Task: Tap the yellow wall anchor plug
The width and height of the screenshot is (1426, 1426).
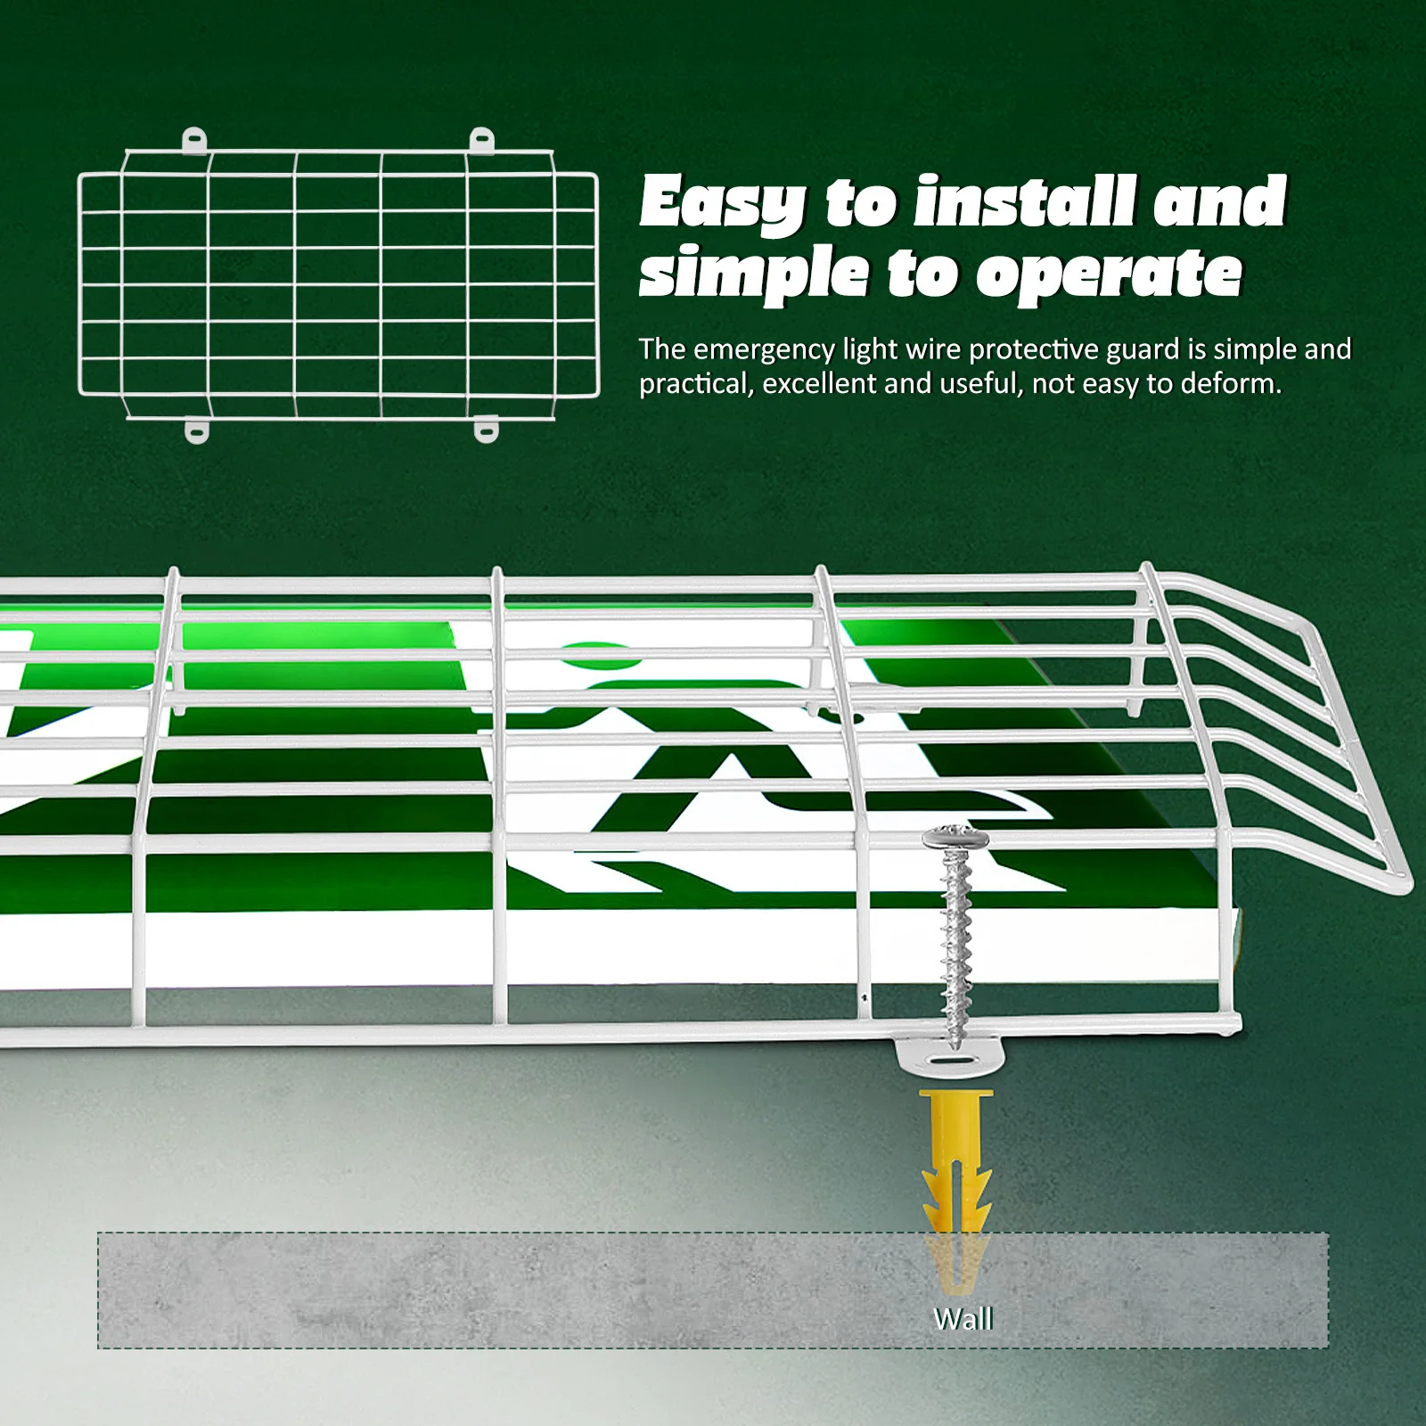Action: [x=948, y=1159]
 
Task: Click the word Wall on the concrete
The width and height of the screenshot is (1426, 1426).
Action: [x=963, y=1318]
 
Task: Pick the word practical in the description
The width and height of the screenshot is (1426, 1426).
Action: [x=695, y=384]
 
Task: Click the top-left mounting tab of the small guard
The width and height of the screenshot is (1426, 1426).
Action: [x=194, y=140]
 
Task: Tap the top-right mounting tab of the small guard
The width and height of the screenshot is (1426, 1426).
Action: [x=482, y=140]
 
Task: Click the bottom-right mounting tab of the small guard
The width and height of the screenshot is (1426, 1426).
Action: [x=484, y=431]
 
